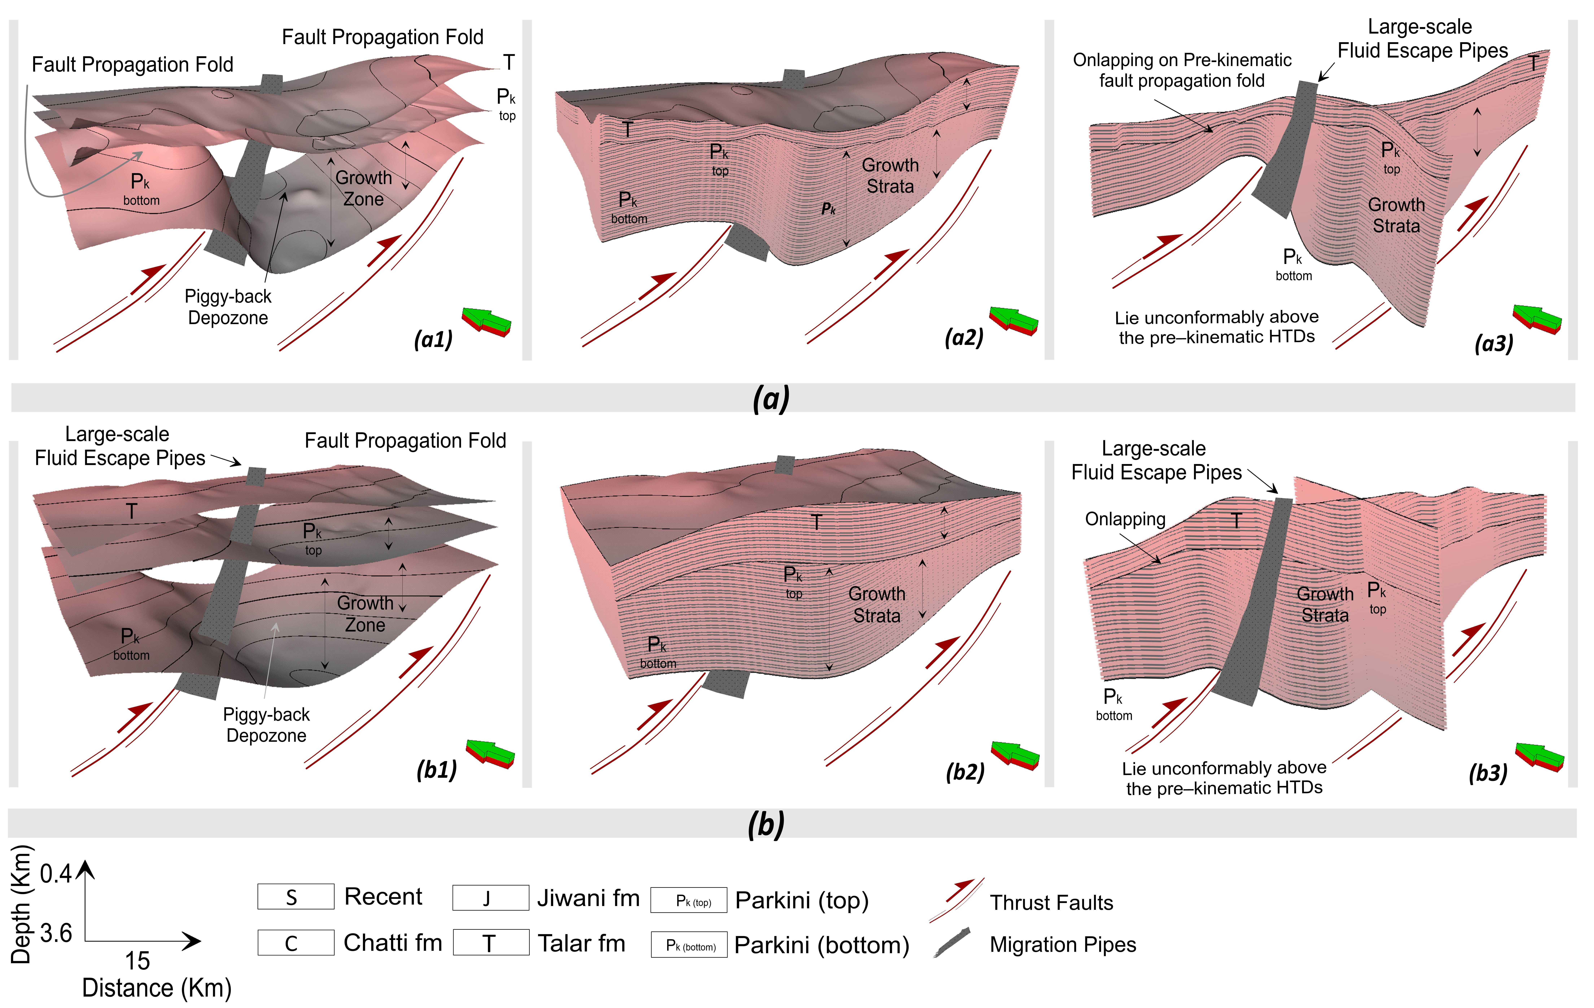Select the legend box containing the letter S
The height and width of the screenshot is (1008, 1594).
295,897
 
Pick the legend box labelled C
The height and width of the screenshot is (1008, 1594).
295,942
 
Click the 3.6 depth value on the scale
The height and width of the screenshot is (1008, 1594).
56,933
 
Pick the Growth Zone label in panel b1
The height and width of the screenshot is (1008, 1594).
365,613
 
